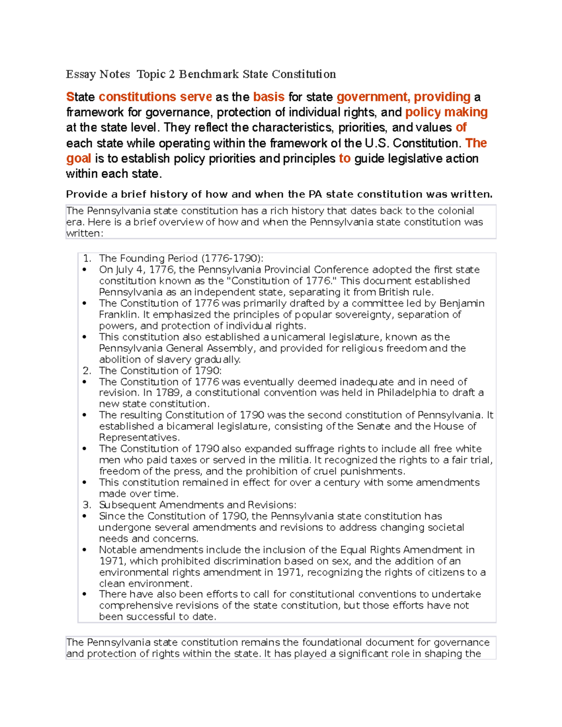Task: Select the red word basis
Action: [x=269, y=97]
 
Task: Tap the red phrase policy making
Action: [x=446, y=112]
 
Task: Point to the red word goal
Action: [x=78, y=159]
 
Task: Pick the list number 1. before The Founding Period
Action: [x=87, y=258]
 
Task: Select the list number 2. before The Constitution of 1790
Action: [x=87, y=371]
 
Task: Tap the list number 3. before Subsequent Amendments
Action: [x=87, y=505]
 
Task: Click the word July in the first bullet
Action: [x=125, y=270]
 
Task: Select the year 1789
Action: [x=168, y=393]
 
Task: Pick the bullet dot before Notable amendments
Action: [x=84, y=550]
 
